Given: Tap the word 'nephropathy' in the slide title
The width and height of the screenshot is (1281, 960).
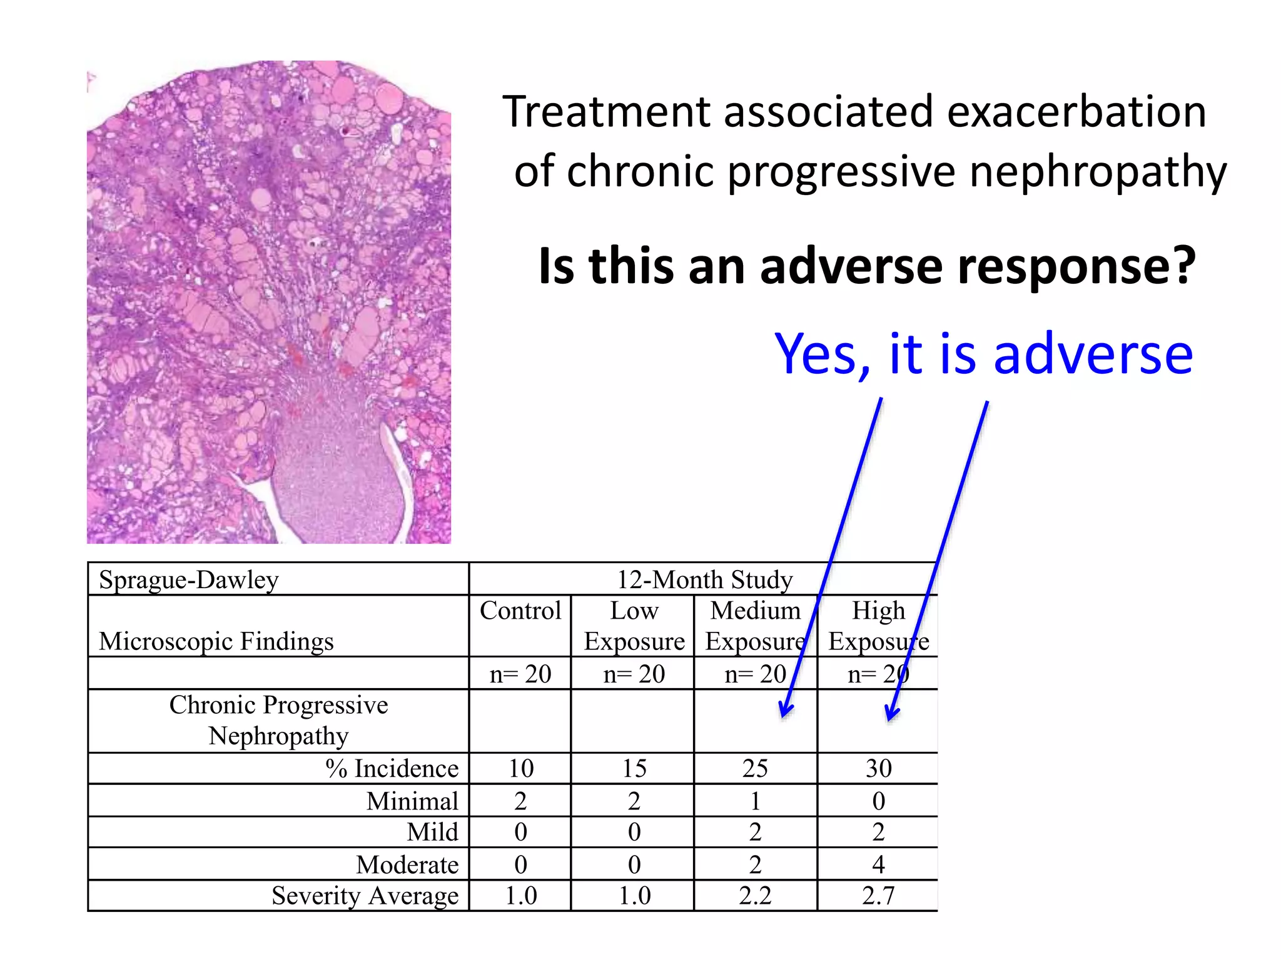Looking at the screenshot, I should (x=1098, y=171).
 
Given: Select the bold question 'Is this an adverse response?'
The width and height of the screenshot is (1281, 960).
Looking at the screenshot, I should (x=867, y=266).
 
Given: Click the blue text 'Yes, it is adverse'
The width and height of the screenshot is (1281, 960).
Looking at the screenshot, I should (x=983, y=354).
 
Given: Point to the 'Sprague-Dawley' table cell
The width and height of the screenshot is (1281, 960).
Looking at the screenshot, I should (x=189, y=580).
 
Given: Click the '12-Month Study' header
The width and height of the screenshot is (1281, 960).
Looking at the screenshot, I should (x=704, y=580).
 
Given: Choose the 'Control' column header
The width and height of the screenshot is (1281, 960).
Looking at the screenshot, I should (x=520, y=611).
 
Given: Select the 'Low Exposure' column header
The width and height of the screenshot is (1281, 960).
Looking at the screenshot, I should (x=634, y=626).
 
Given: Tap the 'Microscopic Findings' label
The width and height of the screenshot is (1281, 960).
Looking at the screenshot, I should (x=216, y=641).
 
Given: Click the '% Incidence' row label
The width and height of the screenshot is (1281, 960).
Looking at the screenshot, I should (x=392, y=769).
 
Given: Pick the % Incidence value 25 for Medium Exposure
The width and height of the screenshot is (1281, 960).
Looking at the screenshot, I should (x=755, y=769).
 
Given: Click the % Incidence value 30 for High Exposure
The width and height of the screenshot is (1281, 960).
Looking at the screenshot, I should (x=878, y=769).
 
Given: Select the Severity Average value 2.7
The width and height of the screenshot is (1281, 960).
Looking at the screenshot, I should (x=878, y=896).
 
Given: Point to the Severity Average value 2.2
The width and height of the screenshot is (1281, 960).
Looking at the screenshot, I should (x=755, y=896).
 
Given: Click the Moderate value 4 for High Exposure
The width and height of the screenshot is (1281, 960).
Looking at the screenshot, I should (x=878, y=864).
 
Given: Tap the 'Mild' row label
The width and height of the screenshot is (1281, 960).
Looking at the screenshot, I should (x=432, y=832).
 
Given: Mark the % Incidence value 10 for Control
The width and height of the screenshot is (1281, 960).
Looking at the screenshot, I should (x=520, y=769).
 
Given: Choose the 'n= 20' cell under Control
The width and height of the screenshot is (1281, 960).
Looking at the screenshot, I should (x=520, y=674).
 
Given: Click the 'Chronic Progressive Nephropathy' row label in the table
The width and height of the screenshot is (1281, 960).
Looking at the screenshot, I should (x=278, y=721).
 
